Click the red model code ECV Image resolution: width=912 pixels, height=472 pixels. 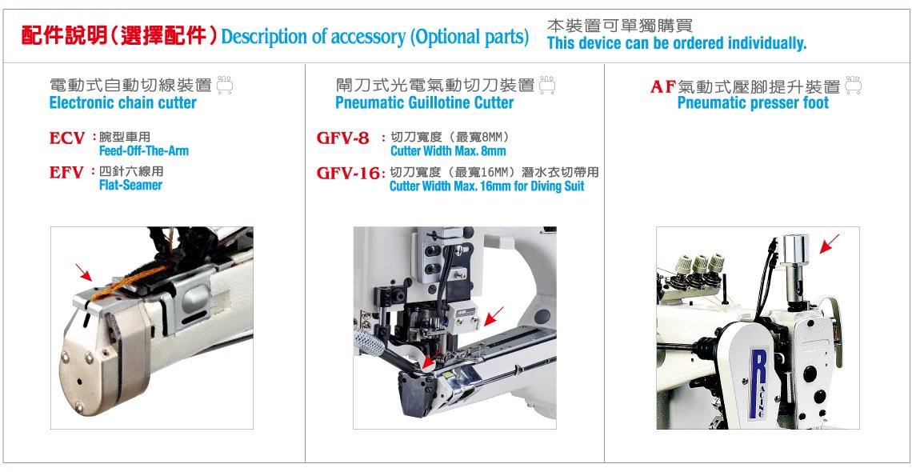(x=67, y=139)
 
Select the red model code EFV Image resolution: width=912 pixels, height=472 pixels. (x=67, y=173)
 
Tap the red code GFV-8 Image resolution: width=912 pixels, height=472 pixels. (x=342, y=138)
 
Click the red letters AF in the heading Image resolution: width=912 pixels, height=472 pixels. (x=663, y=87)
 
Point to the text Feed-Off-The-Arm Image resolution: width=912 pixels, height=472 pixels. (x=144, y=151)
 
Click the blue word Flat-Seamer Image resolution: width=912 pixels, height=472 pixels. (x=131, y=186)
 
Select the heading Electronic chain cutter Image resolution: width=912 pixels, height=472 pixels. (x=123, y=103)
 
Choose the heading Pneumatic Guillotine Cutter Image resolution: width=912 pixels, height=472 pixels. (x=425, y=103)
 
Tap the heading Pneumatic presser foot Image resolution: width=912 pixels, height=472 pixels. (x=754, y=103)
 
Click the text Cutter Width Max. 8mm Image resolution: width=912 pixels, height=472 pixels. (x=448, y=151)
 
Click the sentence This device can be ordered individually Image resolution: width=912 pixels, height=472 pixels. (x=677, y=43)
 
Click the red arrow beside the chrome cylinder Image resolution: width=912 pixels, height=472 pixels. (x=830, y=243)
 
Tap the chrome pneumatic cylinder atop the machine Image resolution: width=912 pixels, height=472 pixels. (x=794, y=267)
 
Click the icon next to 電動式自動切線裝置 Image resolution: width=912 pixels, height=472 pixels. (x=225, y=85)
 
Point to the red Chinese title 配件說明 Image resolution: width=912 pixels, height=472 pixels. (x=64, y=35)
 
